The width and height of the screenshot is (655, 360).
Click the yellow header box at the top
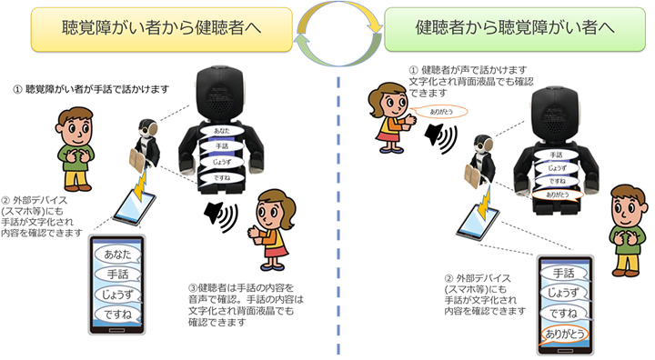[x=161, y=29]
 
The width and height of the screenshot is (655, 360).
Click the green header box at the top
[x=515, y=29]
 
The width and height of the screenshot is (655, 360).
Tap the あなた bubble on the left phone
[x=117, y=254]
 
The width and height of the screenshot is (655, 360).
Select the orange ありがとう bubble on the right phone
[x=564, y=335]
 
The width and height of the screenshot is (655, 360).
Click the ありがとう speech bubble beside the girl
[x=440, y=112]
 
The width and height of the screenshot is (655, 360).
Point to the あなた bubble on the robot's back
[x=221, y=131]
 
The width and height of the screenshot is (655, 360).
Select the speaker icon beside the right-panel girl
[x=440, y=138]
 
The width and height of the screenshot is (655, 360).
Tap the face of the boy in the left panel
[x=76, y=128]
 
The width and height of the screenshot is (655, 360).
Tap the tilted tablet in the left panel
[x=134, y=207]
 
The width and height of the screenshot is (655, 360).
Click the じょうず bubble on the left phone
[x=117, y=295]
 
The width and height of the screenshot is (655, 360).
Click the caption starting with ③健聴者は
[x=246, y=305]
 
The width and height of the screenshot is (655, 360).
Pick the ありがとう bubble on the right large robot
[x=558, y=195]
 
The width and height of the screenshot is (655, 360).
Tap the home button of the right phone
[x=565, y=350]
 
